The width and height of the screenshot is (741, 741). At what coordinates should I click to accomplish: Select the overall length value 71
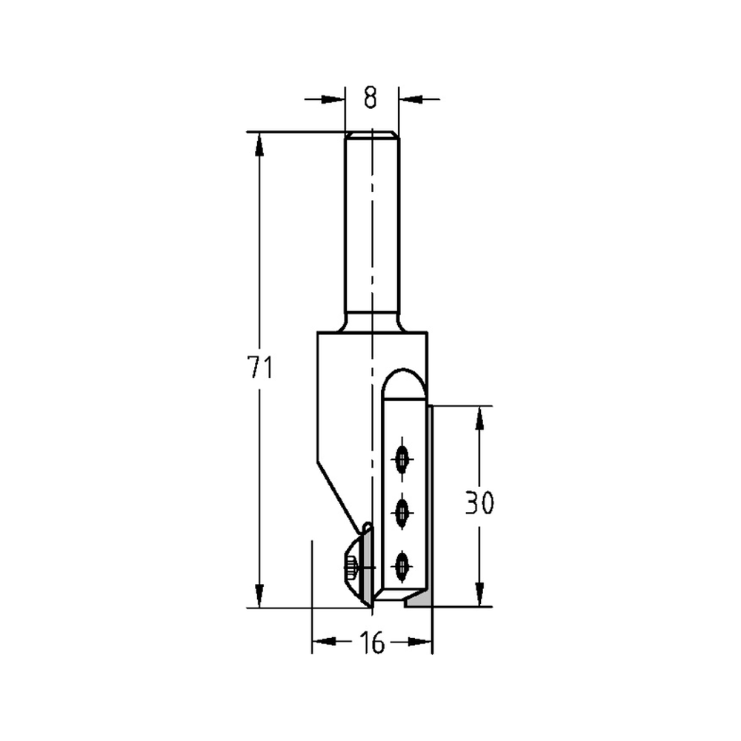pyautogui.click(x=260, y=368)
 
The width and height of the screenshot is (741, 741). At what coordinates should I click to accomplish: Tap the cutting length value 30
pyautogui.click(x=479, y=504)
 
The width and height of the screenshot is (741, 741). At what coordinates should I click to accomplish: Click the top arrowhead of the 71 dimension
pyautogui.click(x=259, y=144)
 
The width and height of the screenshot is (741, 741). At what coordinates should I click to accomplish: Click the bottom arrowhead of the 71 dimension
pyautogui.click(x=259, y=596)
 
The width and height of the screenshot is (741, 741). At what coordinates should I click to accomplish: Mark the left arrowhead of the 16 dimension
pyautogui.click(x=323, y=642)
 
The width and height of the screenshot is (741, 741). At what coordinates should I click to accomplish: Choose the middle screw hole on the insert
pyautogui.click(x=402, y=512)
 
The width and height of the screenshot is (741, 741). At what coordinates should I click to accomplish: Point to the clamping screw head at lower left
pyautogui.click(x=350, y=571)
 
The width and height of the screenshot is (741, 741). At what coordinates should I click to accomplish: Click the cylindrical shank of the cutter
pyautogui.click(x=372, y=230)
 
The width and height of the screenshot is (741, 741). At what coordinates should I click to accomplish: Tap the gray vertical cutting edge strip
pyautogui.click(x=430, y=504)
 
